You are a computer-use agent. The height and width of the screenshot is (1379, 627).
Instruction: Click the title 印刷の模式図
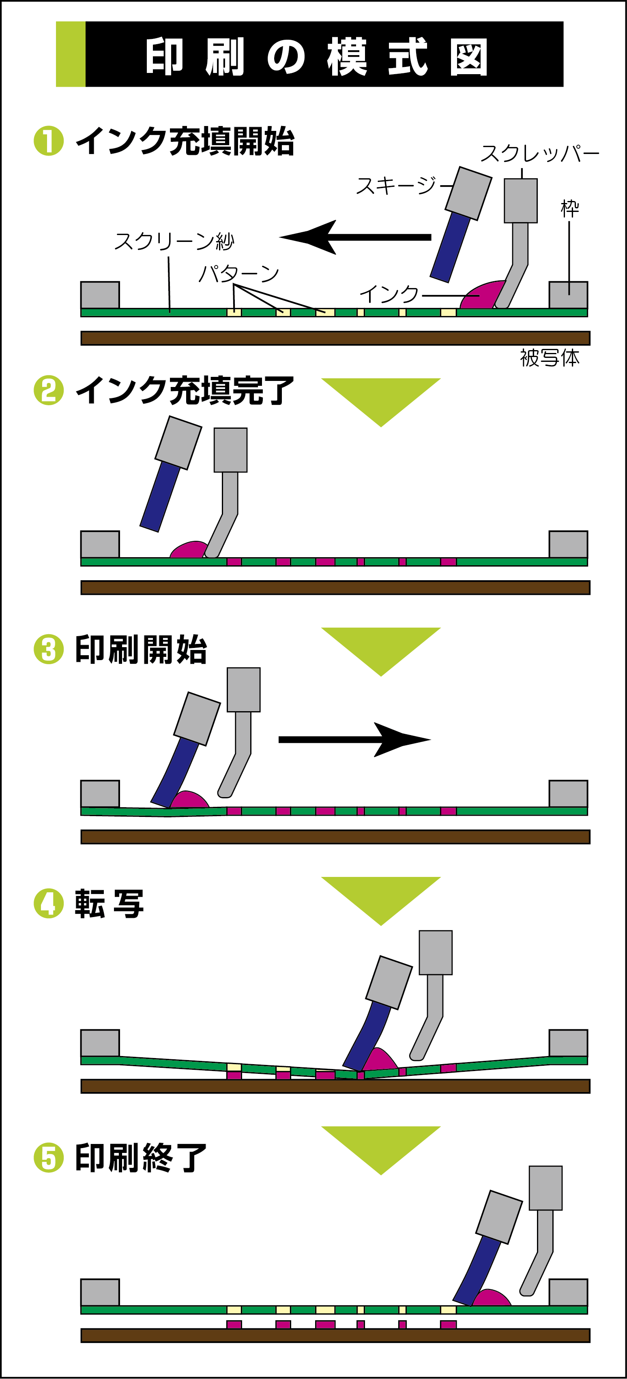(x=316, y=56)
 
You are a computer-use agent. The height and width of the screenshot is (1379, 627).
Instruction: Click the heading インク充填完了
(x=185, y=390)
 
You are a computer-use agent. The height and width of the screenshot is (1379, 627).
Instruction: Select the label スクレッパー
(x=539, y=154)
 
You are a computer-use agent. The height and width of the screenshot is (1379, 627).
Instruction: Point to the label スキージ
(x=397, y=186)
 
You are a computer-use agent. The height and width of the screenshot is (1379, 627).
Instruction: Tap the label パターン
(x=238, y=274)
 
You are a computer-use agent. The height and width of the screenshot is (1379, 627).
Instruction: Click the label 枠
(x=570, y=208)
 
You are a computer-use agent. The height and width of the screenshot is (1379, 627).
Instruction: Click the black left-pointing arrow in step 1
(x=354, y=237)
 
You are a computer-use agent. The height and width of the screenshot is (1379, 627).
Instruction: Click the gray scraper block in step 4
(x=435, y=952)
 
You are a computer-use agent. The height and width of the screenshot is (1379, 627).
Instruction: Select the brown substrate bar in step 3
(x=335, y=837)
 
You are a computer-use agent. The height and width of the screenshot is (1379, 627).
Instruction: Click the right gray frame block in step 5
(x=568, y=1292)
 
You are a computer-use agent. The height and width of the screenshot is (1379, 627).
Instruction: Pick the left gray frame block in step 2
(x=100, y=544)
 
